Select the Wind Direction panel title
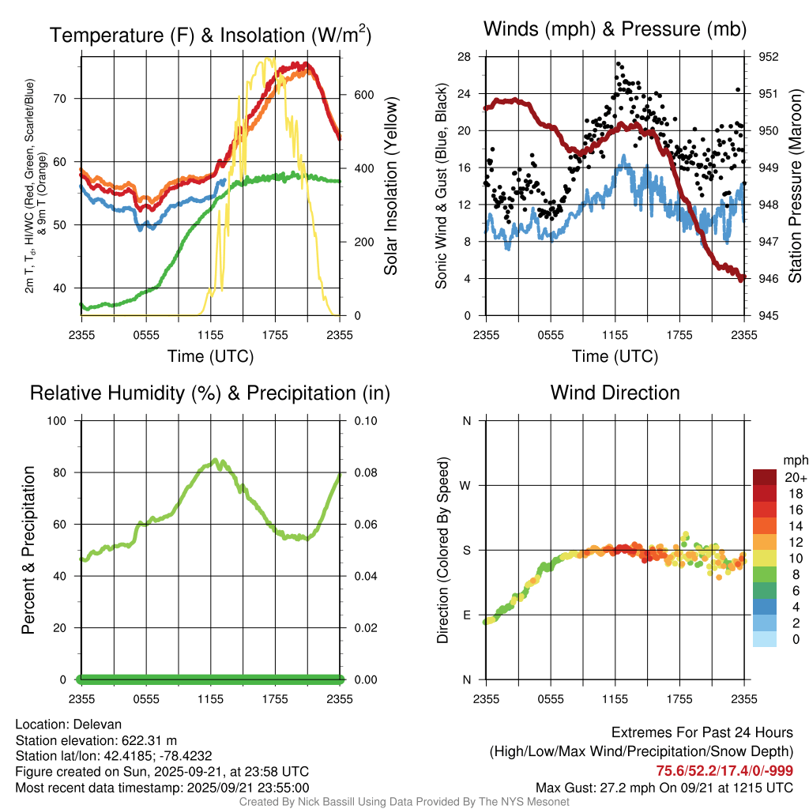pyautogui.click(x=615, y=393)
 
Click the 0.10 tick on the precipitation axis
pyautogui.click(x=364, y=421)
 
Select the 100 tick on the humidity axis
pyautogui.click(x=60, y=421)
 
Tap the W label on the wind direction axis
pyautogui.click(x=466, y=485)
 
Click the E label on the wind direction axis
pyautogui.click(x=466, y=615)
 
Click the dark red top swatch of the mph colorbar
pyautogui.click(x=764, y=477)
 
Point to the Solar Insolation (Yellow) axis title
pyautogui.click(x=391, y=186)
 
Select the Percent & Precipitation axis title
pyautogui.click(x=28, y=550)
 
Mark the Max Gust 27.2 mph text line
pyautogui.click(x=664, y=788)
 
